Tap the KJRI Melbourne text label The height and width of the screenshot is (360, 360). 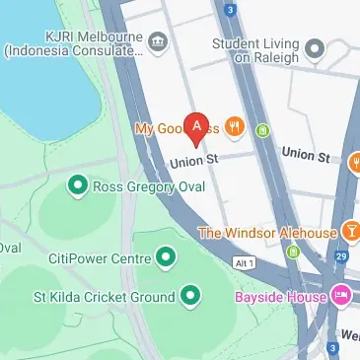70,35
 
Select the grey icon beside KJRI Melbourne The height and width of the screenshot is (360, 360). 158,41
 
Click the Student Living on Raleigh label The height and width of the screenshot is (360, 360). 256,49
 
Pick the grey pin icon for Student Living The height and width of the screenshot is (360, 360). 315,48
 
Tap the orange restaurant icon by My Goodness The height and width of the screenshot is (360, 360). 234,125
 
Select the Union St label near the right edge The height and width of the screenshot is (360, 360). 305,154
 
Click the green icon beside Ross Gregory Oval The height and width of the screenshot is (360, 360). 77,185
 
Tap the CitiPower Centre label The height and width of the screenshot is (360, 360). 99,258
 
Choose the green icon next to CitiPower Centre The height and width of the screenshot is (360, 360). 166,258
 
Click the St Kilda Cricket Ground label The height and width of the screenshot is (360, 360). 111,296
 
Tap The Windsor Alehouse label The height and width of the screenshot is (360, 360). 266,232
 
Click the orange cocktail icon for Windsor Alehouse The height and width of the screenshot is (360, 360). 351,232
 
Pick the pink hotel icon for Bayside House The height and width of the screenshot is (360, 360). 340,295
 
